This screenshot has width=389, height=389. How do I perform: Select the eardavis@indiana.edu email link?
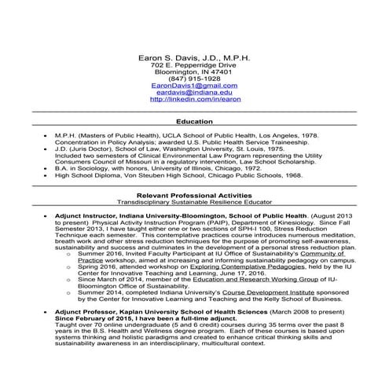194,92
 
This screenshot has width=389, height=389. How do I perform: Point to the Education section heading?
194,122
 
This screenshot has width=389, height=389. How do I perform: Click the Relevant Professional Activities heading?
194,194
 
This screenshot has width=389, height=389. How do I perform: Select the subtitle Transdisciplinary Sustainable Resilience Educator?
194,202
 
